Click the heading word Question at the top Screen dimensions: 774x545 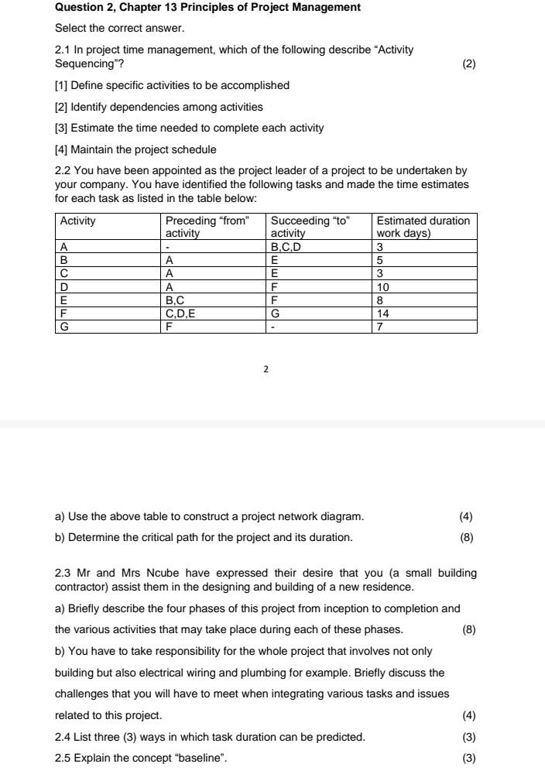click(x=79, y=7)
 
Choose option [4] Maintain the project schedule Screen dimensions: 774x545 click(x=135, y=149)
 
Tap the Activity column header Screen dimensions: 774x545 click(x=78, y=221)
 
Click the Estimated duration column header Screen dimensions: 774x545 click(x=423, y=226)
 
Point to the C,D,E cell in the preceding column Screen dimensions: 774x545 click(x=182, y=313)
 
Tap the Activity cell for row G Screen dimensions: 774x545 click(x=64, y=327)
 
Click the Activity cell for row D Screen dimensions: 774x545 click(x=64, y=286)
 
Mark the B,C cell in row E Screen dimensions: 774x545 click(x=176, y=300)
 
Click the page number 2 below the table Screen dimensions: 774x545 click(x=266, y=370)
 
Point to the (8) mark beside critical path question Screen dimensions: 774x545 click(x=466, y=537)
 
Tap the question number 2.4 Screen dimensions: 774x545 click(x=63, y=737)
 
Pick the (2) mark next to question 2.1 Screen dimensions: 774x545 click(x=468, y=64)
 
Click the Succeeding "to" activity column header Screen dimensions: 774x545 click(x=310, y=226)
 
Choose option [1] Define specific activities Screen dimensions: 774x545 click(x=172, y=85)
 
